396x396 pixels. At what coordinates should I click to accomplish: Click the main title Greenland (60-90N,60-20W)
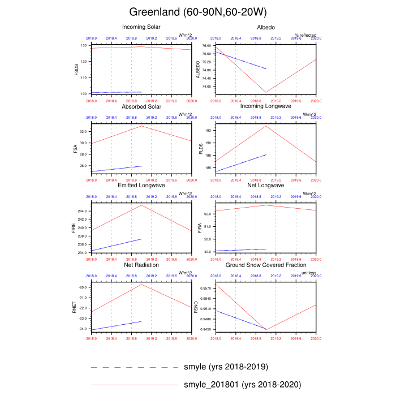tap(198, 11)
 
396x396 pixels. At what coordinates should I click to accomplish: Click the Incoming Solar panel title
tap(141, 27)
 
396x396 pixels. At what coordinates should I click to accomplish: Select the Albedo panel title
tap(266, 27)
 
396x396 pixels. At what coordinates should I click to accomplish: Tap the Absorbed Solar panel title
tap(141, 106)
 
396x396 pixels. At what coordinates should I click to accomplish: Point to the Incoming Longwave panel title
tap(266, 106)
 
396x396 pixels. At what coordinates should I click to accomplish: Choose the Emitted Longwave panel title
tap(141, 186)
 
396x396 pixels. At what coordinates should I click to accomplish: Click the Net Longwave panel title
tap(266, 186)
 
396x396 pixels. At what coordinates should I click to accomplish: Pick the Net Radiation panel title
tap(141, 265)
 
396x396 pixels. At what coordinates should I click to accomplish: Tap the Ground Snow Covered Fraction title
tap(266, 265)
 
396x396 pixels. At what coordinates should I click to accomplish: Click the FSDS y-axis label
tap(76, 69)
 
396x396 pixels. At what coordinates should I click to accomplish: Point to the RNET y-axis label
tap(74, 307)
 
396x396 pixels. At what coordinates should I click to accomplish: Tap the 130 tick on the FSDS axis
tap(83, 45)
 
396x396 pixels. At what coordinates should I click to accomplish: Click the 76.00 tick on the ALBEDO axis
tap(206, 45)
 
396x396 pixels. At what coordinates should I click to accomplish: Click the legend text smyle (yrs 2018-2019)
tap(226, 367)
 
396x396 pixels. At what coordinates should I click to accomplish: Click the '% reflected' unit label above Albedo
tap(304, 35)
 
